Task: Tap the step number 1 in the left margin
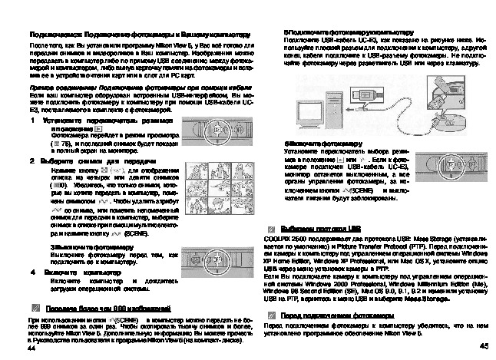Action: coord(31,121)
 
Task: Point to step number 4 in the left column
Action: coord(31,272)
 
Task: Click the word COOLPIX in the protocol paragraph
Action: coord(277,239)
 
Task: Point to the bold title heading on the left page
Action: coord(139,35)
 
